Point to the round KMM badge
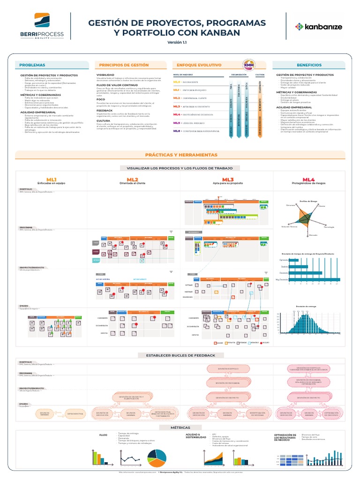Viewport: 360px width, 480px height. tap(248, 66)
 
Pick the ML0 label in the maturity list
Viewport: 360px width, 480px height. tap(177, 82)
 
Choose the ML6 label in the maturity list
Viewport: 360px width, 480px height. tap(177, 131)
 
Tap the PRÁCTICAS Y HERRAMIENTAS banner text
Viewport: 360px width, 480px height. tap(181, 155)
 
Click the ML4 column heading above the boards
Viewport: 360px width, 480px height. tap(308, 180)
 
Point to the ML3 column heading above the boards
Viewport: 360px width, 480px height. tap(228, 180)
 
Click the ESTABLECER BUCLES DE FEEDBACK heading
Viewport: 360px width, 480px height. tap(180, 355)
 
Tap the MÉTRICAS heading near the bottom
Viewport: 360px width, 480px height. tap(180, 427)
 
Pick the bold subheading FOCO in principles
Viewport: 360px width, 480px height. tap(101, 99)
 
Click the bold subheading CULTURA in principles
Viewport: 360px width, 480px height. tap(104, 120)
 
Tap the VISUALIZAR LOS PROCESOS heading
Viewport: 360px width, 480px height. tap(180, 168)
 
